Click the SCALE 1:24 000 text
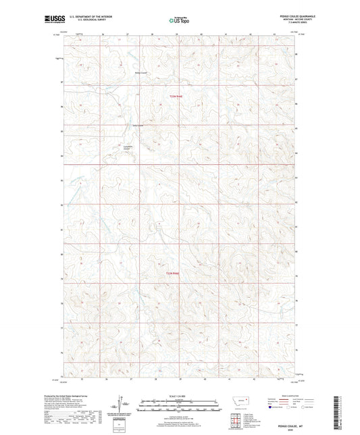pos(179,395)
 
